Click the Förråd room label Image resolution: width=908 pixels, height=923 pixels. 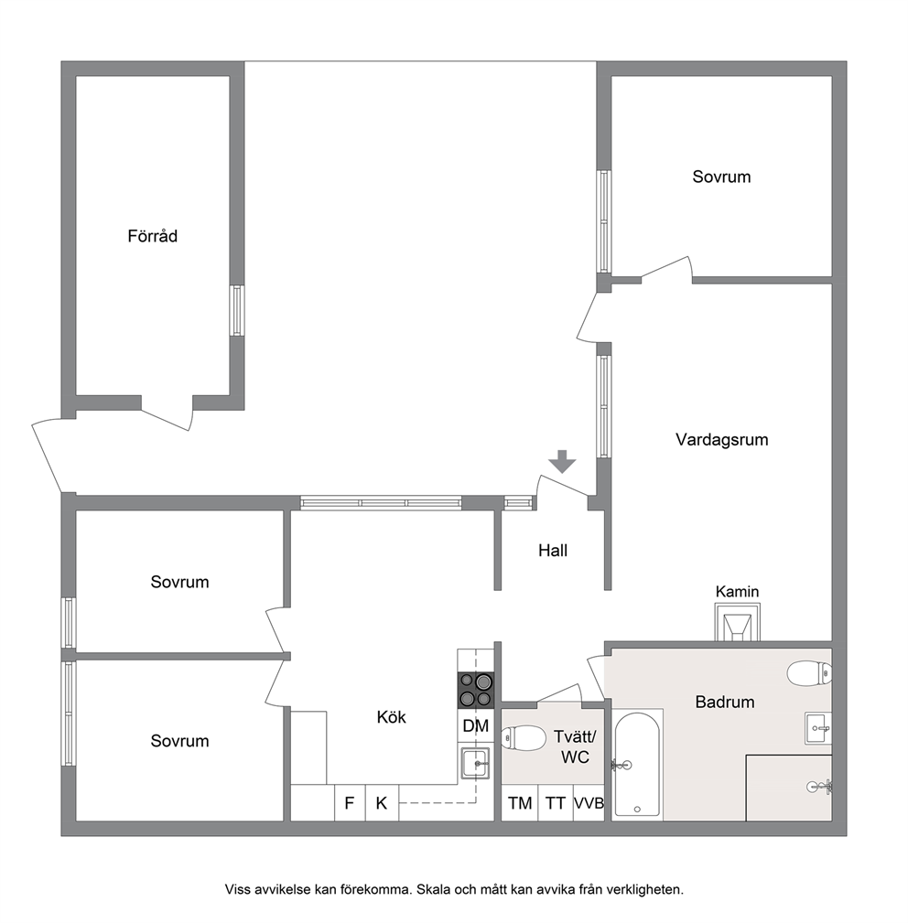click(153, 236)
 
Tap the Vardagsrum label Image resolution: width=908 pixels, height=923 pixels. click(722, 440)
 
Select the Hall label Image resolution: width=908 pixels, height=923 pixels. click(553, 551)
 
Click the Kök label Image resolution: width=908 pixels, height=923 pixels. click(392, 717)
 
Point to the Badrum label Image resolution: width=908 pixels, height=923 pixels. click(725, 702)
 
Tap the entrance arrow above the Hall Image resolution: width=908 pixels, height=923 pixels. click(563, 461)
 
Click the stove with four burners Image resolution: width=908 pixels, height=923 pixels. click(476, 690)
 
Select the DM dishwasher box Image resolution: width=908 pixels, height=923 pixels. click(476, 725)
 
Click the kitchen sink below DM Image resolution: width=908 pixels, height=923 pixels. click(475, 764)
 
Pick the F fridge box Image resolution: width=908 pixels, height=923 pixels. click(350, 803)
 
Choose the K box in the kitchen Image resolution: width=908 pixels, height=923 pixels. click(382, 803)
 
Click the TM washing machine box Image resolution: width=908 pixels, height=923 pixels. click(520, 803)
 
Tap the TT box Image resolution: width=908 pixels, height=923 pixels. click(556, 803)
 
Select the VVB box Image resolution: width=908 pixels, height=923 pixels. click(589, 803)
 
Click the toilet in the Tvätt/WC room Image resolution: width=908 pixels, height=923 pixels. click(524, 737)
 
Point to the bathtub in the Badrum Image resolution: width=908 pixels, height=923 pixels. click(637, 764)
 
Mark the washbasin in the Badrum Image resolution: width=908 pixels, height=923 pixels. click(818, 728)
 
